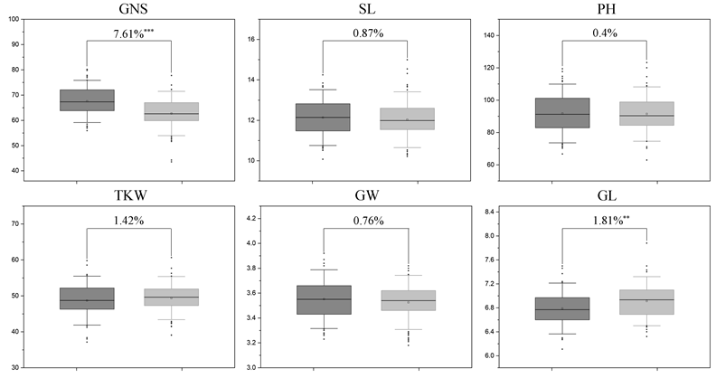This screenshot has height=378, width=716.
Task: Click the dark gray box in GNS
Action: point(87,100)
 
